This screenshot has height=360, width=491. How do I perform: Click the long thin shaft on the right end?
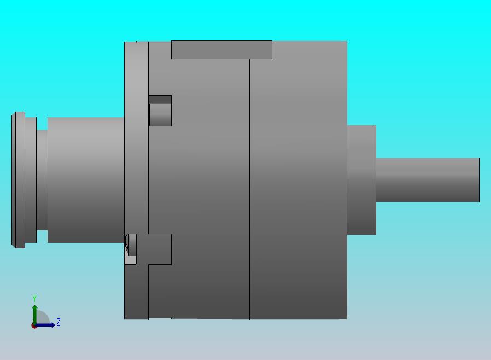coord(427,179)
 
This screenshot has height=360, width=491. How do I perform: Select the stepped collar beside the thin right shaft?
coord(361,179)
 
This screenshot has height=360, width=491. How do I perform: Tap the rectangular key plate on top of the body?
coord(221,49)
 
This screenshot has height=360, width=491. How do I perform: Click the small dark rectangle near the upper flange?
coord(160,99)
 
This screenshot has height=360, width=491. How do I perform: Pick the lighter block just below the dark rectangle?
coord(160,115)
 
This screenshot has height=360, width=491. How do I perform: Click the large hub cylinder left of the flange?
coord(85,179)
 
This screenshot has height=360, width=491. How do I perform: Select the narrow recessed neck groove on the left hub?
coord(42,179)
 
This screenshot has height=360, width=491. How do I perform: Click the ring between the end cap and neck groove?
coord(31,179)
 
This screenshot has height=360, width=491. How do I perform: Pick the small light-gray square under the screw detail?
coord(130,260)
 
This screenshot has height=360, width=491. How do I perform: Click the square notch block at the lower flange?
coord(160,249)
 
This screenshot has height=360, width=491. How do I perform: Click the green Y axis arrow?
coord(34,312)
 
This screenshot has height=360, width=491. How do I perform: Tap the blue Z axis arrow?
coord(46,325)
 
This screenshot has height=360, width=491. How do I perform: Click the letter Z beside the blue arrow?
coord(59,322)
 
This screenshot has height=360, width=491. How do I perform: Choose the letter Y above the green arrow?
coord(34,299)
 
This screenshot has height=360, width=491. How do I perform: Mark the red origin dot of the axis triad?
coord(34,326)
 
